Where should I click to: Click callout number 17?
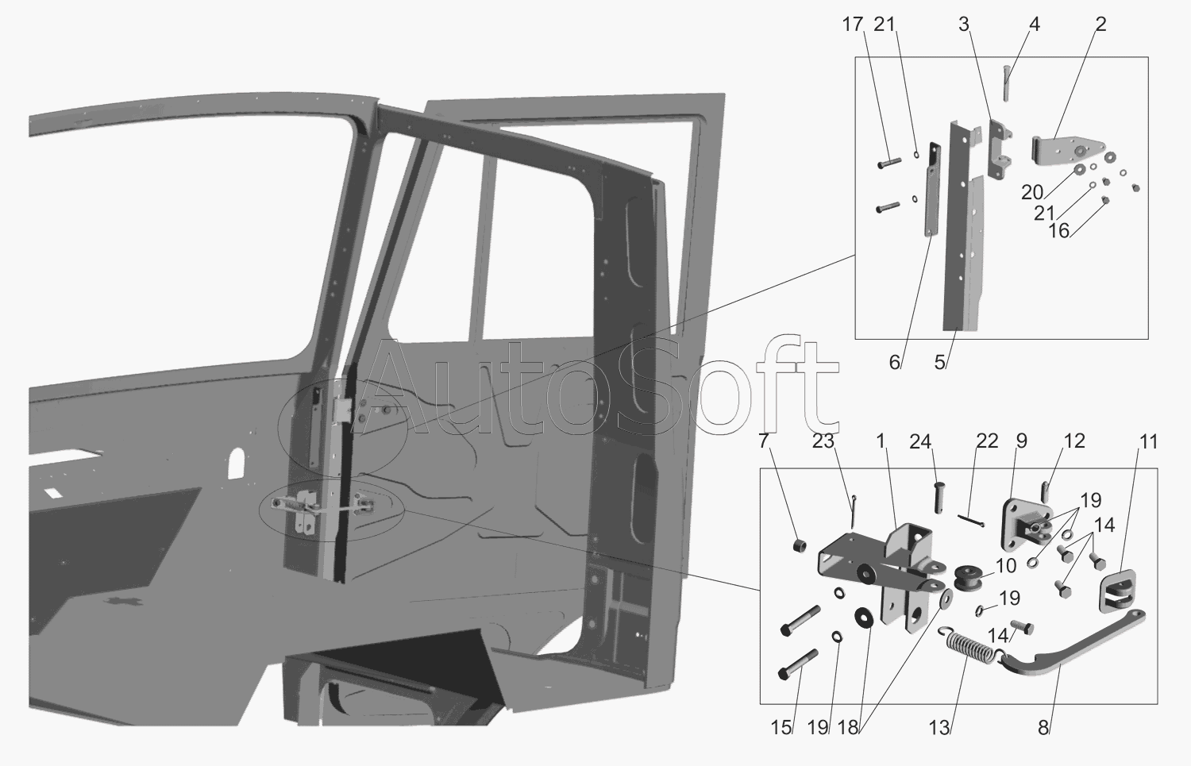tap(852, 25)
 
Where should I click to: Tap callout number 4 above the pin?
tap(1034, 25)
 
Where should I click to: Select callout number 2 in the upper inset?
tap(1100, 25)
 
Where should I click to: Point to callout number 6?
tap(895, 363)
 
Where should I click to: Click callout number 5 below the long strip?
tap(940, 363)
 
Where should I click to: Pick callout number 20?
tap(1032, 192)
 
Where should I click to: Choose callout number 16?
tap(1059, 230)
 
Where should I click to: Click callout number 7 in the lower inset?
tap(764, 441)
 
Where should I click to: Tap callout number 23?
tap(822, 441)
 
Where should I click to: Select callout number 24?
tap(920, 441)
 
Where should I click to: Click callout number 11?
tap(1149, 441)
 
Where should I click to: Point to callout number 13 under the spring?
tap(939, 727)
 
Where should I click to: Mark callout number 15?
tap(781, 727)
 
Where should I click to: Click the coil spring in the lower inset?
tap(966, 645)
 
